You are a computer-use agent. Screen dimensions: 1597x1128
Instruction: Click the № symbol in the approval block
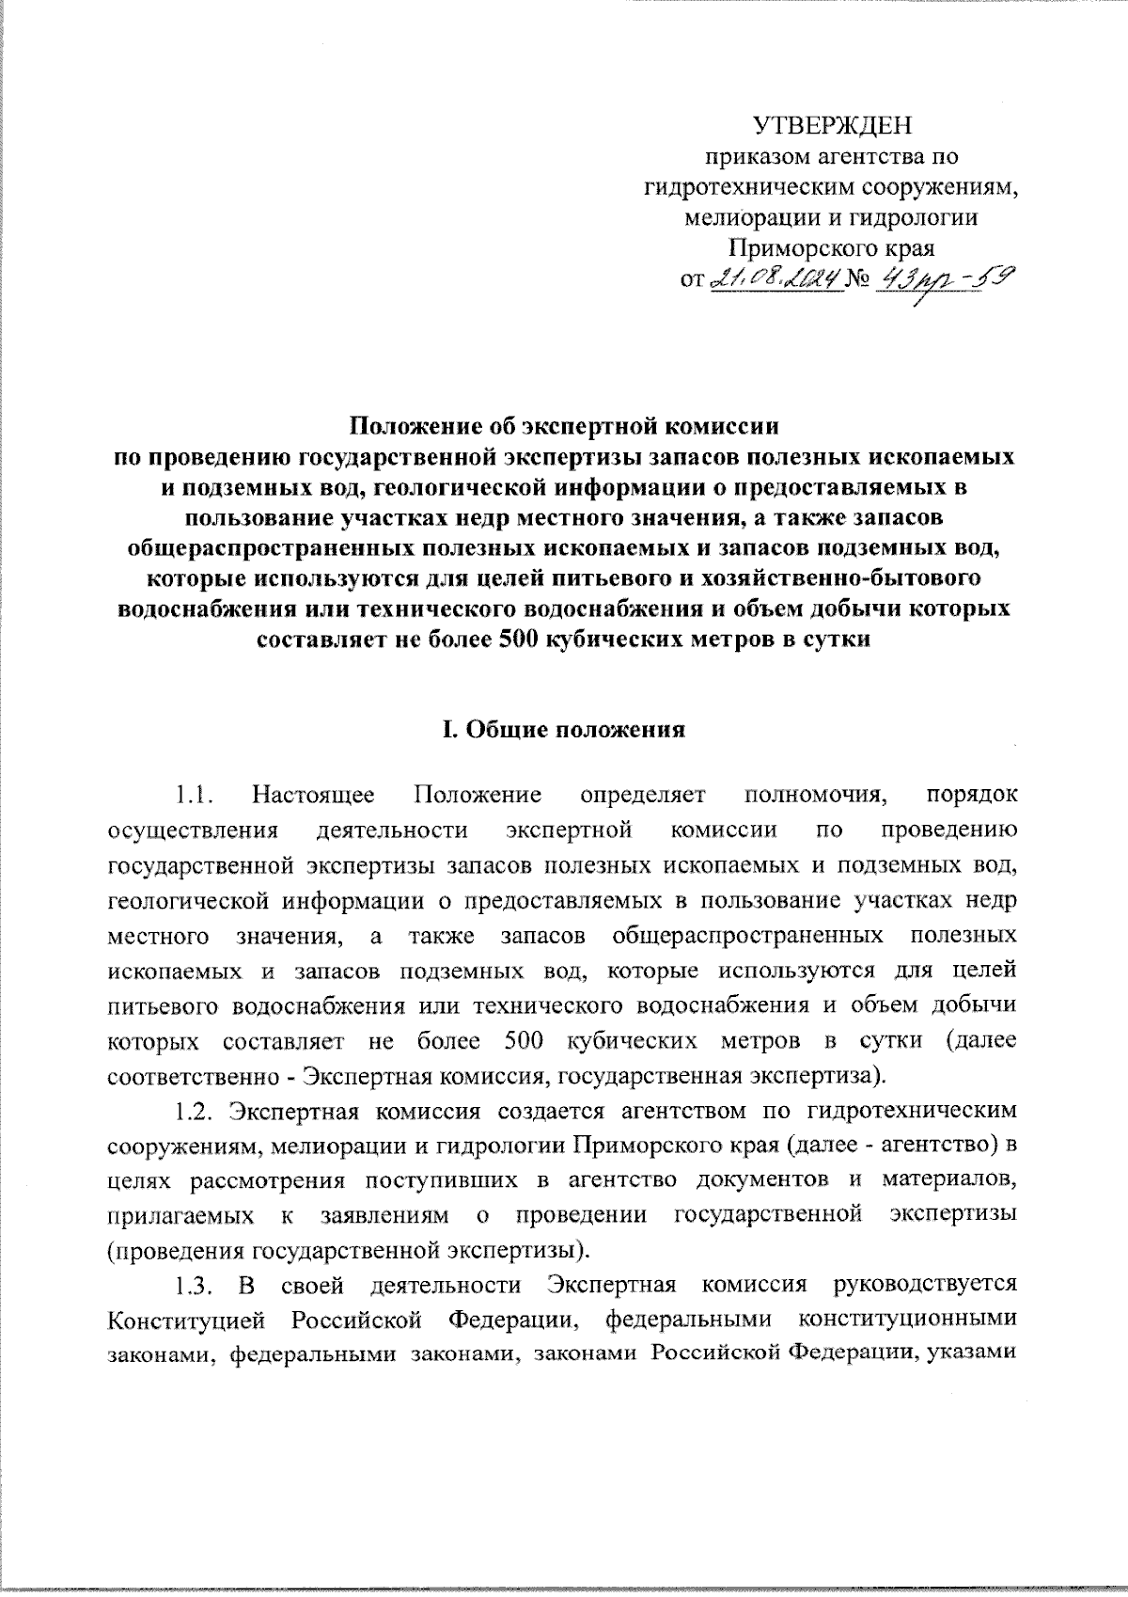[x=856, y=280]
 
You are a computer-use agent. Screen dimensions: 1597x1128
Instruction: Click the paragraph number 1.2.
[x=196, y=1111]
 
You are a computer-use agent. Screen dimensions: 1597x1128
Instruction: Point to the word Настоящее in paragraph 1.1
[x=313, y=796]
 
